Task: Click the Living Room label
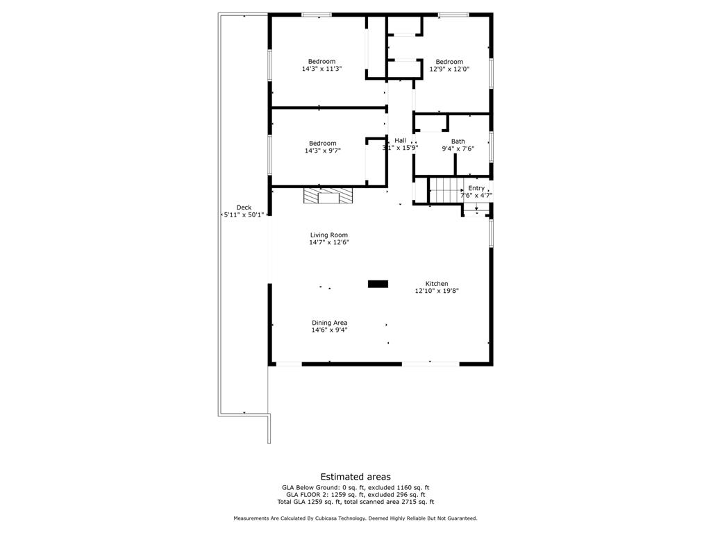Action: click(328, 239)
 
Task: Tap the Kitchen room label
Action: click(437, 287)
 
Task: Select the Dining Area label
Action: click(329, 326)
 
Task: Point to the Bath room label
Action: click(458, 144)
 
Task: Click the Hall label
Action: click(400, 144)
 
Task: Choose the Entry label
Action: click(476, 192)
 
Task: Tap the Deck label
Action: click(244, 211)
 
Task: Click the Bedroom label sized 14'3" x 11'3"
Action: click(322, 65)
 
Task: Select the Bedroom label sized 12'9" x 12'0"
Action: click(449, 65)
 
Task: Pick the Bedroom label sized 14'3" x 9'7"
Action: click(322, 147)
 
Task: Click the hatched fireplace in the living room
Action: click(328, 196)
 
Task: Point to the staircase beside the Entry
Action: click(446, 190)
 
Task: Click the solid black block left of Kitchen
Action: click(378, 284)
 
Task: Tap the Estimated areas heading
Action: click(355, 477)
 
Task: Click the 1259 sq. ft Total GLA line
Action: click(355, 502)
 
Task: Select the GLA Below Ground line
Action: click(355, 488)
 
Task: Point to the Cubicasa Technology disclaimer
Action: click(355, 518)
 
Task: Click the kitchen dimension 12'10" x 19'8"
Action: click(437, 291)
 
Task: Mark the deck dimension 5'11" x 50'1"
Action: click(244, 215)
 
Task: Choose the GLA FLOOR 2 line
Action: click(355, 495)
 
